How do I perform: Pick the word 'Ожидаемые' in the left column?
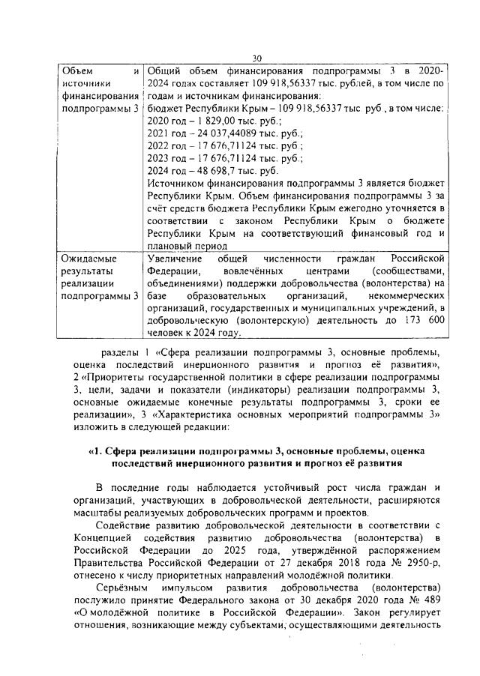(87, 257)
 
